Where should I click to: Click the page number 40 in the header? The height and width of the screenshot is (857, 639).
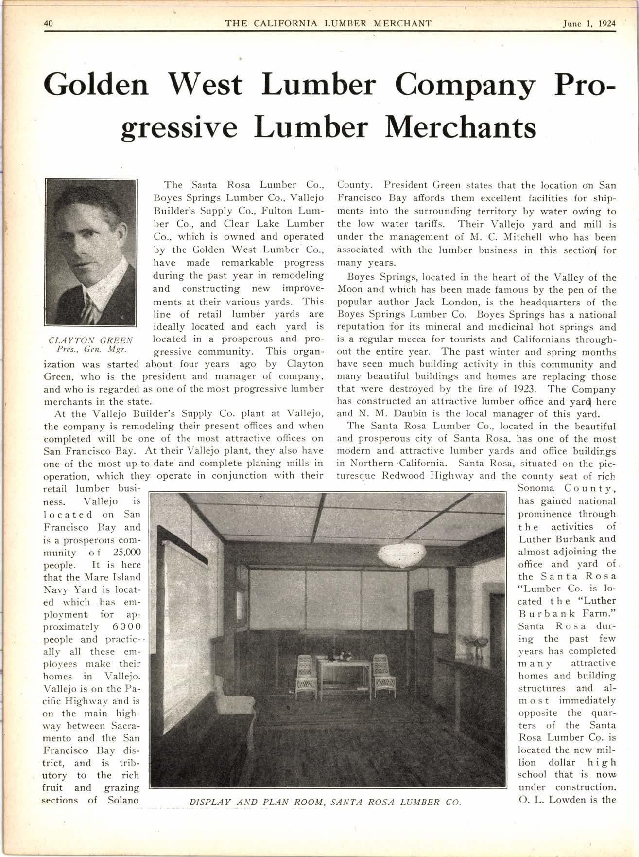tap(48, 23)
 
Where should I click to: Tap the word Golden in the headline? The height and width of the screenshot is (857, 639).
tap(96, 84)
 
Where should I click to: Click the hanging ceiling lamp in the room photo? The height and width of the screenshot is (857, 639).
tap(401, 553)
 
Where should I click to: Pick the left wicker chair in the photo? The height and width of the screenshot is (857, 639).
tap(306, 673)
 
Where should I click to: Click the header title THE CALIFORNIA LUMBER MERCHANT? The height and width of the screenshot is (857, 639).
tap(328, 23)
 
